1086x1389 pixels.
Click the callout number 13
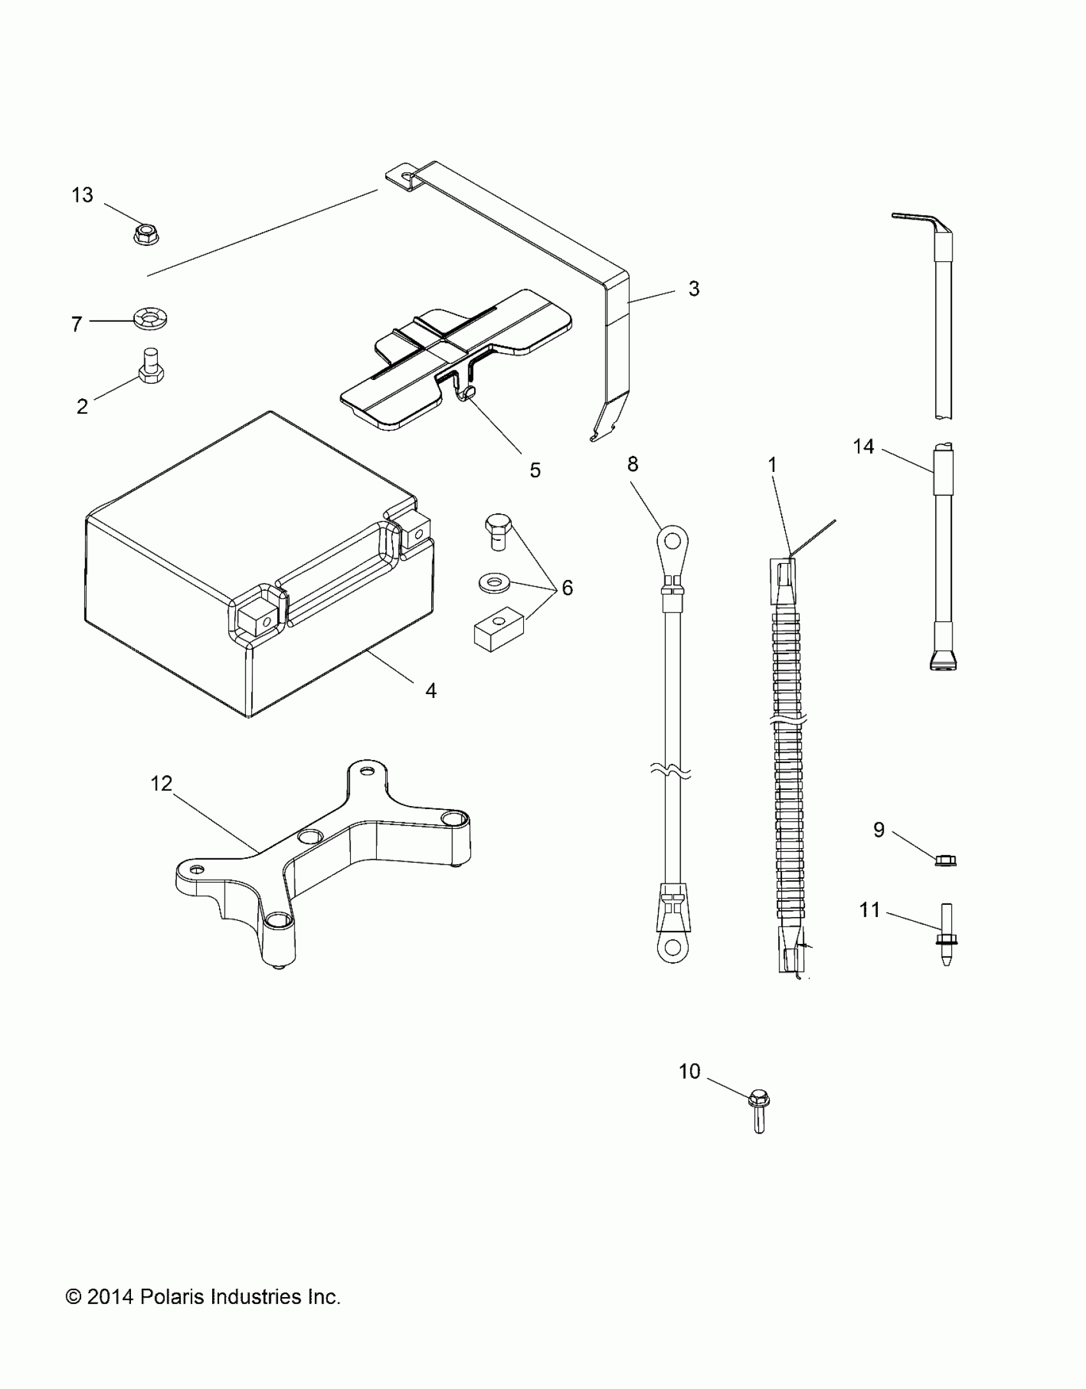[x=82, y=195]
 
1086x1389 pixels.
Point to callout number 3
[x=694, y=289]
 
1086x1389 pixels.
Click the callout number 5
[x=535, y=471]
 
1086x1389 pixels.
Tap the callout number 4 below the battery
[x=431, y=690]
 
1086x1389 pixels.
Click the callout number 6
[x=567, y=588]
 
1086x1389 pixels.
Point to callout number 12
[x=162, y=783]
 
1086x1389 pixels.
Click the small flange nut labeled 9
[x=946, y=861]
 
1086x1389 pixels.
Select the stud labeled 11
[x=946, y=935]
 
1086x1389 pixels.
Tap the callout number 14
[x=864, y=446]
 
